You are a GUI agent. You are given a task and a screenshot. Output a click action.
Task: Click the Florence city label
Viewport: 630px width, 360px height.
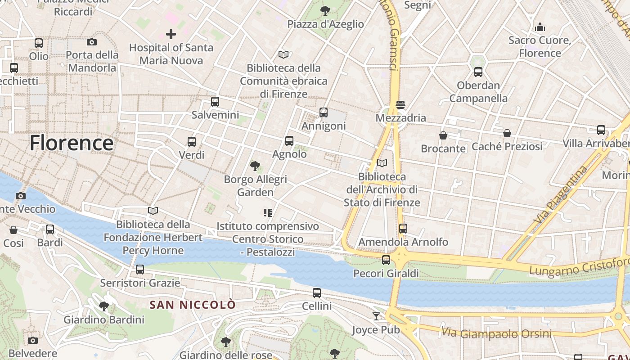pos(72,143)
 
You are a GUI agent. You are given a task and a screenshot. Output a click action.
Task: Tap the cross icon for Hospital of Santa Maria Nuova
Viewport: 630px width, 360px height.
pos(171,34)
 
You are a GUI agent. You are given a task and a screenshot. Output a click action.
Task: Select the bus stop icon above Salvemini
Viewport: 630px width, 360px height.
pos(215,102)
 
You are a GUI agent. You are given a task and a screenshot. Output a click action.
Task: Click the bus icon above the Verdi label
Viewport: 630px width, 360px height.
pos(192,142)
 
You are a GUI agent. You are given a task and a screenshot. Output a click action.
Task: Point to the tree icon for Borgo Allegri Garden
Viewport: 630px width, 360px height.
pos(255,166)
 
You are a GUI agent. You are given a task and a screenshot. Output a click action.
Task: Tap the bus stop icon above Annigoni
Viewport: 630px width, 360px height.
pos(324,112)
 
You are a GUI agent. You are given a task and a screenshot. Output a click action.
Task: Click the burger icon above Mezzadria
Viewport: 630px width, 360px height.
pos(400,105)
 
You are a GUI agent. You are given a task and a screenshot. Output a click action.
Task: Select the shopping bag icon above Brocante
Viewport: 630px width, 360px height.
pos(443,135)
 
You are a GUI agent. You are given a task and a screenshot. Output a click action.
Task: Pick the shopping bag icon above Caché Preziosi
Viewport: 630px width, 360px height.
pos(507,133)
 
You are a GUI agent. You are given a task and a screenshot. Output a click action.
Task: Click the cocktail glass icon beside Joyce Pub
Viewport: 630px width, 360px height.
pos(376,316)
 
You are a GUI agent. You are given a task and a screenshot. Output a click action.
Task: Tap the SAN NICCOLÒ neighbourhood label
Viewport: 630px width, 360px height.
pos(192,305)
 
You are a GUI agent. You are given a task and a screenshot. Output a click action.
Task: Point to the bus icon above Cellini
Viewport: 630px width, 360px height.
pos(317,293)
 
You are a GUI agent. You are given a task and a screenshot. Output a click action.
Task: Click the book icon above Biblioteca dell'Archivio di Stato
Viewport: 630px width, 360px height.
pos(382,163)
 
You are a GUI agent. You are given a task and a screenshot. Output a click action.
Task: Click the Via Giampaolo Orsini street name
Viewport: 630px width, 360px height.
pos(496,333)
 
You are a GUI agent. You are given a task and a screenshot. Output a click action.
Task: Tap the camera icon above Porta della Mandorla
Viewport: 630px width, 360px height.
pos(92,42)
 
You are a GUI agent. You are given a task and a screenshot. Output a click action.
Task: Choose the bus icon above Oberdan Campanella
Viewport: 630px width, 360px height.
pos(478,72)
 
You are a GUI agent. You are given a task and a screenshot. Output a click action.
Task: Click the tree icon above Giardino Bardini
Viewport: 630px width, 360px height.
pos(104,306)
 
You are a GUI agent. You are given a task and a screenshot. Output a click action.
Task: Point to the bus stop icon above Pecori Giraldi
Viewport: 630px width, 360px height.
pos(386,260)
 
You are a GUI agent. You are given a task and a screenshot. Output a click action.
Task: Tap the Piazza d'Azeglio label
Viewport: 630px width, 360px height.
pos(326,24)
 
